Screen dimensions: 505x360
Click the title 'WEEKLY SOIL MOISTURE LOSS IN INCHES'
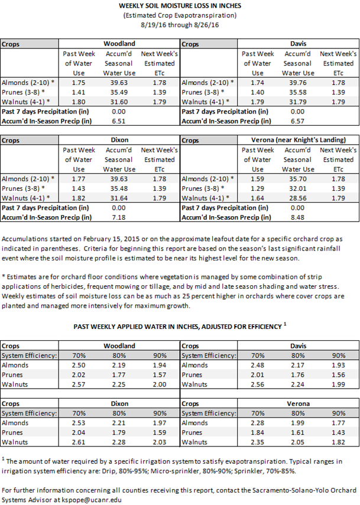point(179,6)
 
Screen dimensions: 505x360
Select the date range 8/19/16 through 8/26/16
point(179,25)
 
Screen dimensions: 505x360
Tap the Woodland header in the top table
point(119,44)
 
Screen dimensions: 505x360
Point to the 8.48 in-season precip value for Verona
point(299,218)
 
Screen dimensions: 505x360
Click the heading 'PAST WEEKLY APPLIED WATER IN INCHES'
point(176,326)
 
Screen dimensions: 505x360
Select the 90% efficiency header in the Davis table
point(339,356)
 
